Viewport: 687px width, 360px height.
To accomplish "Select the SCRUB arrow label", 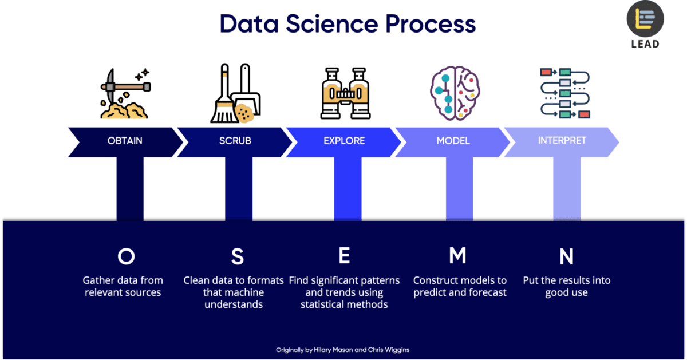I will pyautogui.click(x=235, y=141).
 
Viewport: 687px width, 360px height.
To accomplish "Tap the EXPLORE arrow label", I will pyautogui.click(x=344, y=141).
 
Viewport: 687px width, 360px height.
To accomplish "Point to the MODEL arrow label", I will pyautogui.click(x=453, y=141).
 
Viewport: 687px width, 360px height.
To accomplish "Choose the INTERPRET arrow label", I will pyautogui.click(x=562, y=141).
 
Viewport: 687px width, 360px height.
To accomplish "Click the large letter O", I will pyautogui.click(x=126, y=256).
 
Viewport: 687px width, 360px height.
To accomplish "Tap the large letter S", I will pyautogui.click(x=237, y=256).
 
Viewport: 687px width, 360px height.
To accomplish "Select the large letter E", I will pyautogui.click(x=344, y=256).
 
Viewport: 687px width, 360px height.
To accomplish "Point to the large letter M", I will pyautogui.click(x=457, y=256).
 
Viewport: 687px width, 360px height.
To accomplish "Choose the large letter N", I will pyautogui.click(x=566, y=256).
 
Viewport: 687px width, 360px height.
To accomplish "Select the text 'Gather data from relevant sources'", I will pyautogui.click(x=123, y=286).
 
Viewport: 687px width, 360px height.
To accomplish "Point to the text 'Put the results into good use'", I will pyautogui.click(x=566, y=286).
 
